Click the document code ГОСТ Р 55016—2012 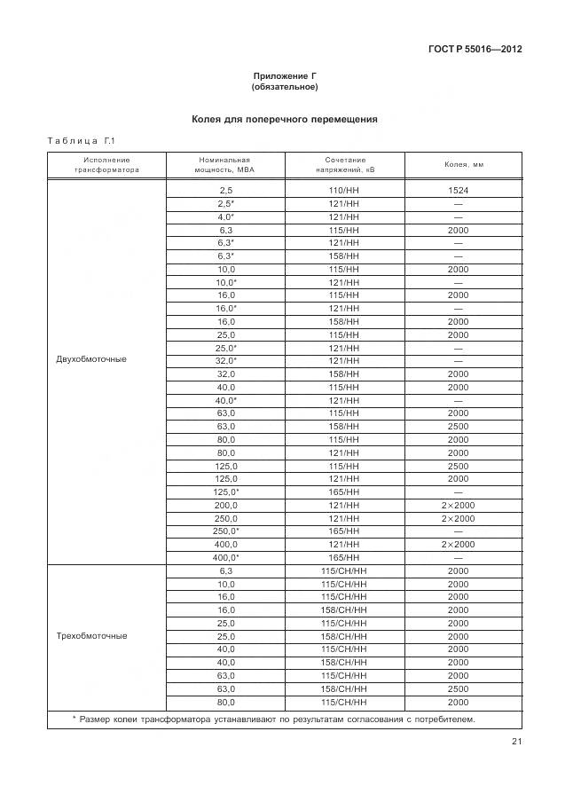click(475, 49)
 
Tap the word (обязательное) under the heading click(285, 87)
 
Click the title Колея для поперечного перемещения click(285, 118)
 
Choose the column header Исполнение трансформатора click(106, 164)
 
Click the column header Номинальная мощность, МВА click(225, 164)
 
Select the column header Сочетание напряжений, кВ click(344, 164)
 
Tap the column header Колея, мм click(463, 164)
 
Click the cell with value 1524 click(458, 191)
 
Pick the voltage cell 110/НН click(344, 191)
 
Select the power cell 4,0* click(225, 216)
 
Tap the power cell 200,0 click(225, 505)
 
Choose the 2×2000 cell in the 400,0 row click(458, 544)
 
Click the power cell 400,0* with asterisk click(225, 557)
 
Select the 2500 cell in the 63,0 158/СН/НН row click(458, 688)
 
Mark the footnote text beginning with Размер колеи click(273, 719)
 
